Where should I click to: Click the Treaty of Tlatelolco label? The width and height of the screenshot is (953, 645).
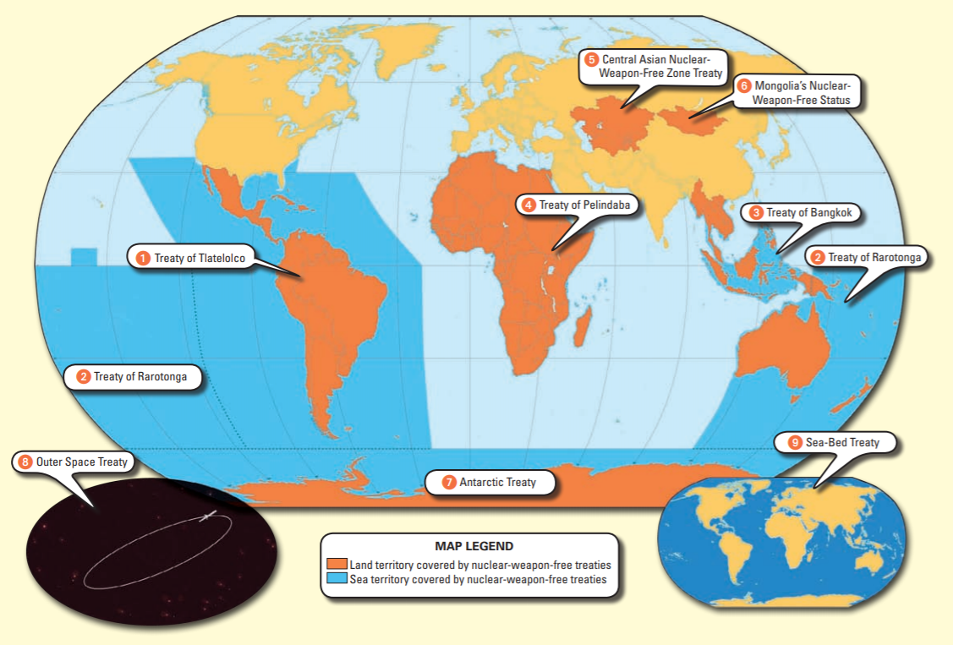(191, 257)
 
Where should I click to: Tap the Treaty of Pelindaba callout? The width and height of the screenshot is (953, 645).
(578, 205)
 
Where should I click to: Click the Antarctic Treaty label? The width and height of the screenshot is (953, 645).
(490, 483)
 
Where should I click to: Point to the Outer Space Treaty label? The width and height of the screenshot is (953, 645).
(74, 462)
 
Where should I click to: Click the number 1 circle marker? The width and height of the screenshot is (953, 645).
(144, 257)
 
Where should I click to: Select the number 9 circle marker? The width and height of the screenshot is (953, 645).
(794, 442)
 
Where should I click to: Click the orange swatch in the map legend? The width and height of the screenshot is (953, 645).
(337, 565)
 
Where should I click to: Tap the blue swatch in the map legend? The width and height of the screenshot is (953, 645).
(337, 580)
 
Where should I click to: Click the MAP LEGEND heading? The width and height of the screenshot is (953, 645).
(474, 546)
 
